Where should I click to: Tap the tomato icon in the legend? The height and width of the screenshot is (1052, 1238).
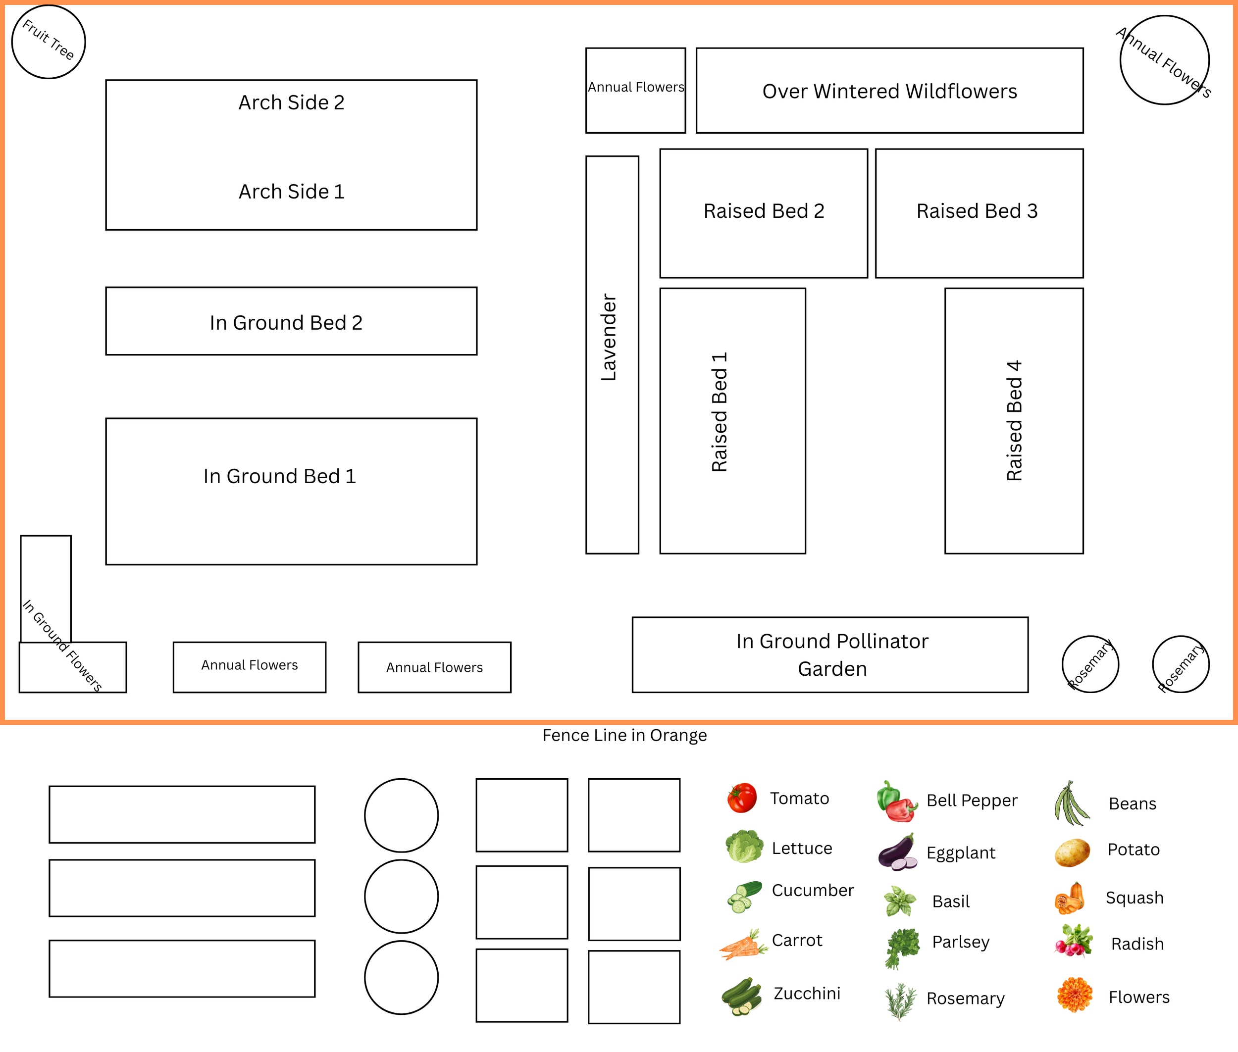(x=742, y=798)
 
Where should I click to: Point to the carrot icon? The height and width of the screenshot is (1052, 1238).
(x=743, y=944)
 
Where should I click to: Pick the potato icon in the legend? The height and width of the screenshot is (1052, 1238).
(x=1072, y=852)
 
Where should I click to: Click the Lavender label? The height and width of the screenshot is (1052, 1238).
(x=609, y=337)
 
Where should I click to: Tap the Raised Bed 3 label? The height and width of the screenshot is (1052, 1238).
(x=977, y=210)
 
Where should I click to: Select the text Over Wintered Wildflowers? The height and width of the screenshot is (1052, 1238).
(x=889, y=91)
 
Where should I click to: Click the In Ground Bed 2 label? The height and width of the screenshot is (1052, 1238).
(x=286, y=323)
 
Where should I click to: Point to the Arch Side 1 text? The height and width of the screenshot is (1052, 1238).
(x=292, y=192)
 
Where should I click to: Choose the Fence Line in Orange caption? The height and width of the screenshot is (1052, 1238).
(x=624, y=735)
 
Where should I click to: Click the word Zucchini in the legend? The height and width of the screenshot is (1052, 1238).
(x=807, y=994)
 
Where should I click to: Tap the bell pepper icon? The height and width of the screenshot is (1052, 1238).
(x=897, y=801)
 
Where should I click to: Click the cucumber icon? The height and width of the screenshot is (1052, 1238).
(x=744, y=897)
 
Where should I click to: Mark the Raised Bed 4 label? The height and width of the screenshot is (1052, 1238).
(x=1014, y=420)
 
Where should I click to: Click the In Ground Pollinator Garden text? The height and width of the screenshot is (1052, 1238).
(x=832, y=655)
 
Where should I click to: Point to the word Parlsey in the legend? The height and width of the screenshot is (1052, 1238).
(x=961, y=942)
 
